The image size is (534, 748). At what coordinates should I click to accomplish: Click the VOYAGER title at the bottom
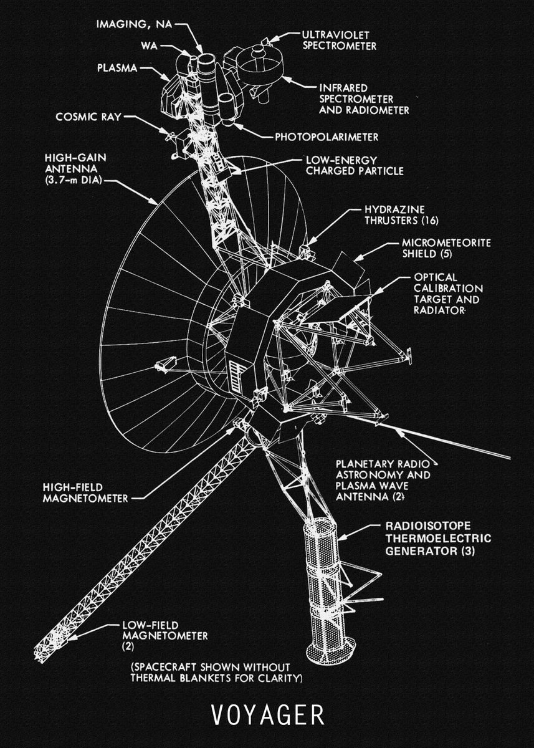coord(267,715)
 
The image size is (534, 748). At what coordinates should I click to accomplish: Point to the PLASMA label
coord(117,67)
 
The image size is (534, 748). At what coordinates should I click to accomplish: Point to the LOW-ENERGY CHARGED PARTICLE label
coord(354,165)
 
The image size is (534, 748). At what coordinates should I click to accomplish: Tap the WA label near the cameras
coord(148,46)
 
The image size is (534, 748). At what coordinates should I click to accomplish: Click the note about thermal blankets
coord(216,673)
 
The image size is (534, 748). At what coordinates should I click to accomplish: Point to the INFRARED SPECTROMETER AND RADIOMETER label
coord(364,98)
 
